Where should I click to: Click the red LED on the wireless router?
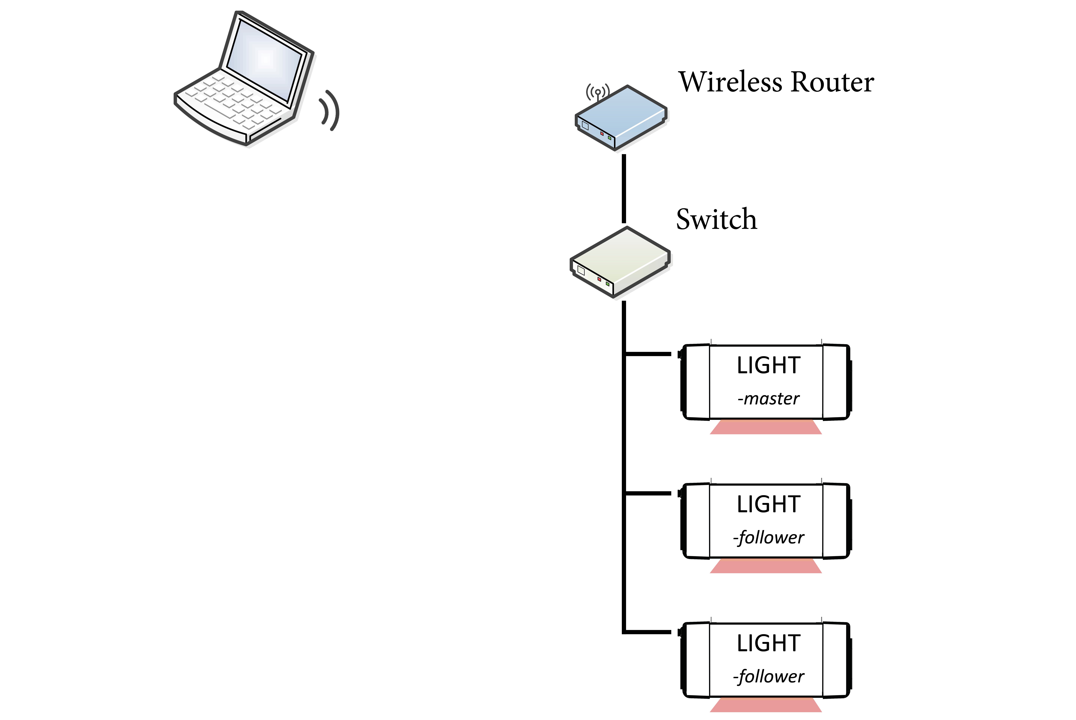pos(602,133)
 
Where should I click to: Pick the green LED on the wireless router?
pos(609,137)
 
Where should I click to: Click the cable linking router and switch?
pos(624,188)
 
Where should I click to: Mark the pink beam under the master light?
pos(766,427)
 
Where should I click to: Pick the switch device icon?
pos(620,262)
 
